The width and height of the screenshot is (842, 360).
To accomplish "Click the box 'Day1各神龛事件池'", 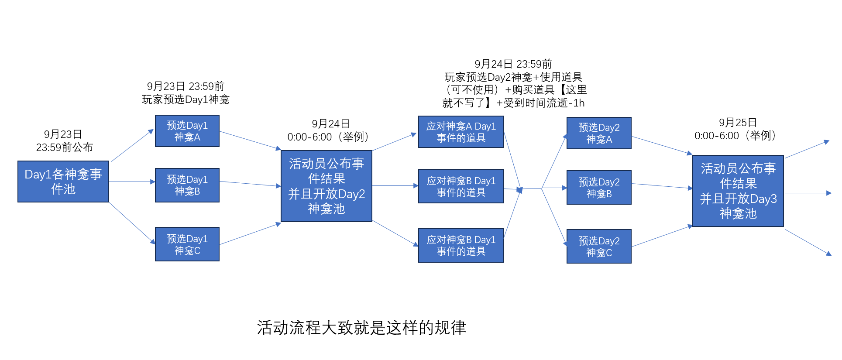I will click(63, 182).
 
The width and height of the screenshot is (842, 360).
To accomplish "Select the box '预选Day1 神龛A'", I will click(187, 131).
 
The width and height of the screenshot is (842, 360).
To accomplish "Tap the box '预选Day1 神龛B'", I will click(187, 185).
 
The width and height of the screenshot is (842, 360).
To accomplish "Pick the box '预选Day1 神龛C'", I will click(187, 244).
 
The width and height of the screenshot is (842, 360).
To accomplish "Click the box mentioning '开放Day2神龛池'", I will click(326, 186).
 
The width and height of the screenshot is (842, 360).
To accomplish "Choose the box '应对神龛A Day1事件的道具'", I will click(461, 132).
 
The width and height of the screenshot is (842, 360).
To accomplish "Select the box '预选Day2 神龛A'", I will click(599, 133).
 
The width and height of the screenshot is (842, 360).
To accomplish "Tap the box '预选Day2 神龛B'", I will click(599, 188).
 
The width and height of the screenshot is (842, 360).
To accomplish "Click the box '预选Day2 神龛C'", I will click(599, 247).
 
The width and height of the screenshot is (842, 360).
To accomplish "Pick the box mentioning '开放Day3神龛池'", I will click(738, 191).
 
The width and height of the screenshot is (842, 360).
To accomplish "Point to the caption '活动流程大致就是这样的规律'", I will click(361, 328).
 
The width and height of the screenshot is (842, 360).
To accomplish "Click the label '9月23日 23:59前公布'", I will click(64, 141).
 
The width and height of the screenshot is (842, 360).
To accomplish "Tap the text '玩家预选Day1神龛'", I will click(186, 99).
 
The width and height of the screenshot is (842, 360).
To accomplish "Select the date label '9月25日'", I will click(738, 123).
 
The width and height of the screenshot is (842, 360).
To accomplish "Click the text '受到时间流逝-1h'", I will click(544, 103).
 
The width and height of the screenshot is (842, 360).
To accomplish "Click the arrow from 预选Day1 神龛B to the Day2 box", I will click(250, 184).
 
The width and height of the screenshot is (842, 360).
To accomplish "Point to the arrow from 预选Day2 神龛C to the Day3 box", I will click(662, 236).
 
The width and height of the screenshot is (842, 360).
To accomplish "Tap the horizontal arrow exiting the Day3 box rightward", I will click(808, 193).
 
